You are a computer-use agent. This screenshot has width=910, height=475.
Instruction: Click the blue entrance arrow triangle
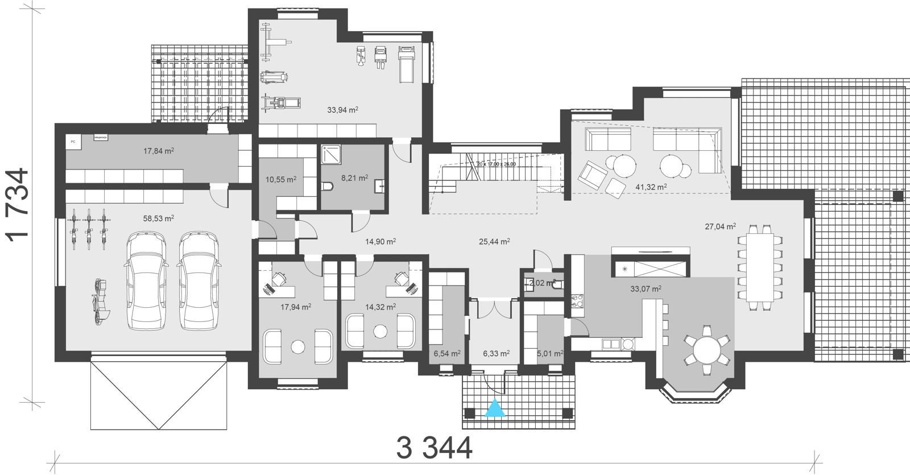coord(495,408)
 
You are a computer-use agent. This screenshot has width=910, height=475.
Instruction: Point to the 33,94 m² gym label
coord(342,110)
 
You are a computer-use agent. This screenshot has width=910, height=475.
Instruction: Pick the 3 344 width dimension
coord(434,448)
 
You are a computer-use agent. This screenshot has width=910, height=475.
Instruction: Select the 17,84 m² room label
coord(158,151)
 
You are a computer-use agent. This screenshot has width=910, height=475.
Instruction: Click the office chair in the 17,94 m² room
coord(279,278)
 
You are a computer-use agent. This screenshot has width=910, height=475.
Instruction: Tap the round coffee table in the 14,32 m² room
coord(380,331)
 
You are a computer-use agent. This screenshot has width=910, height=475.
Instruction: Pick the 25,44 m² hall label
coord(494,241)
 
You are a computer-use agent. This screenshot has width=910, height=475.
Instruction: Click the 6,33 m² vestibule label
coord(496,353)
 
